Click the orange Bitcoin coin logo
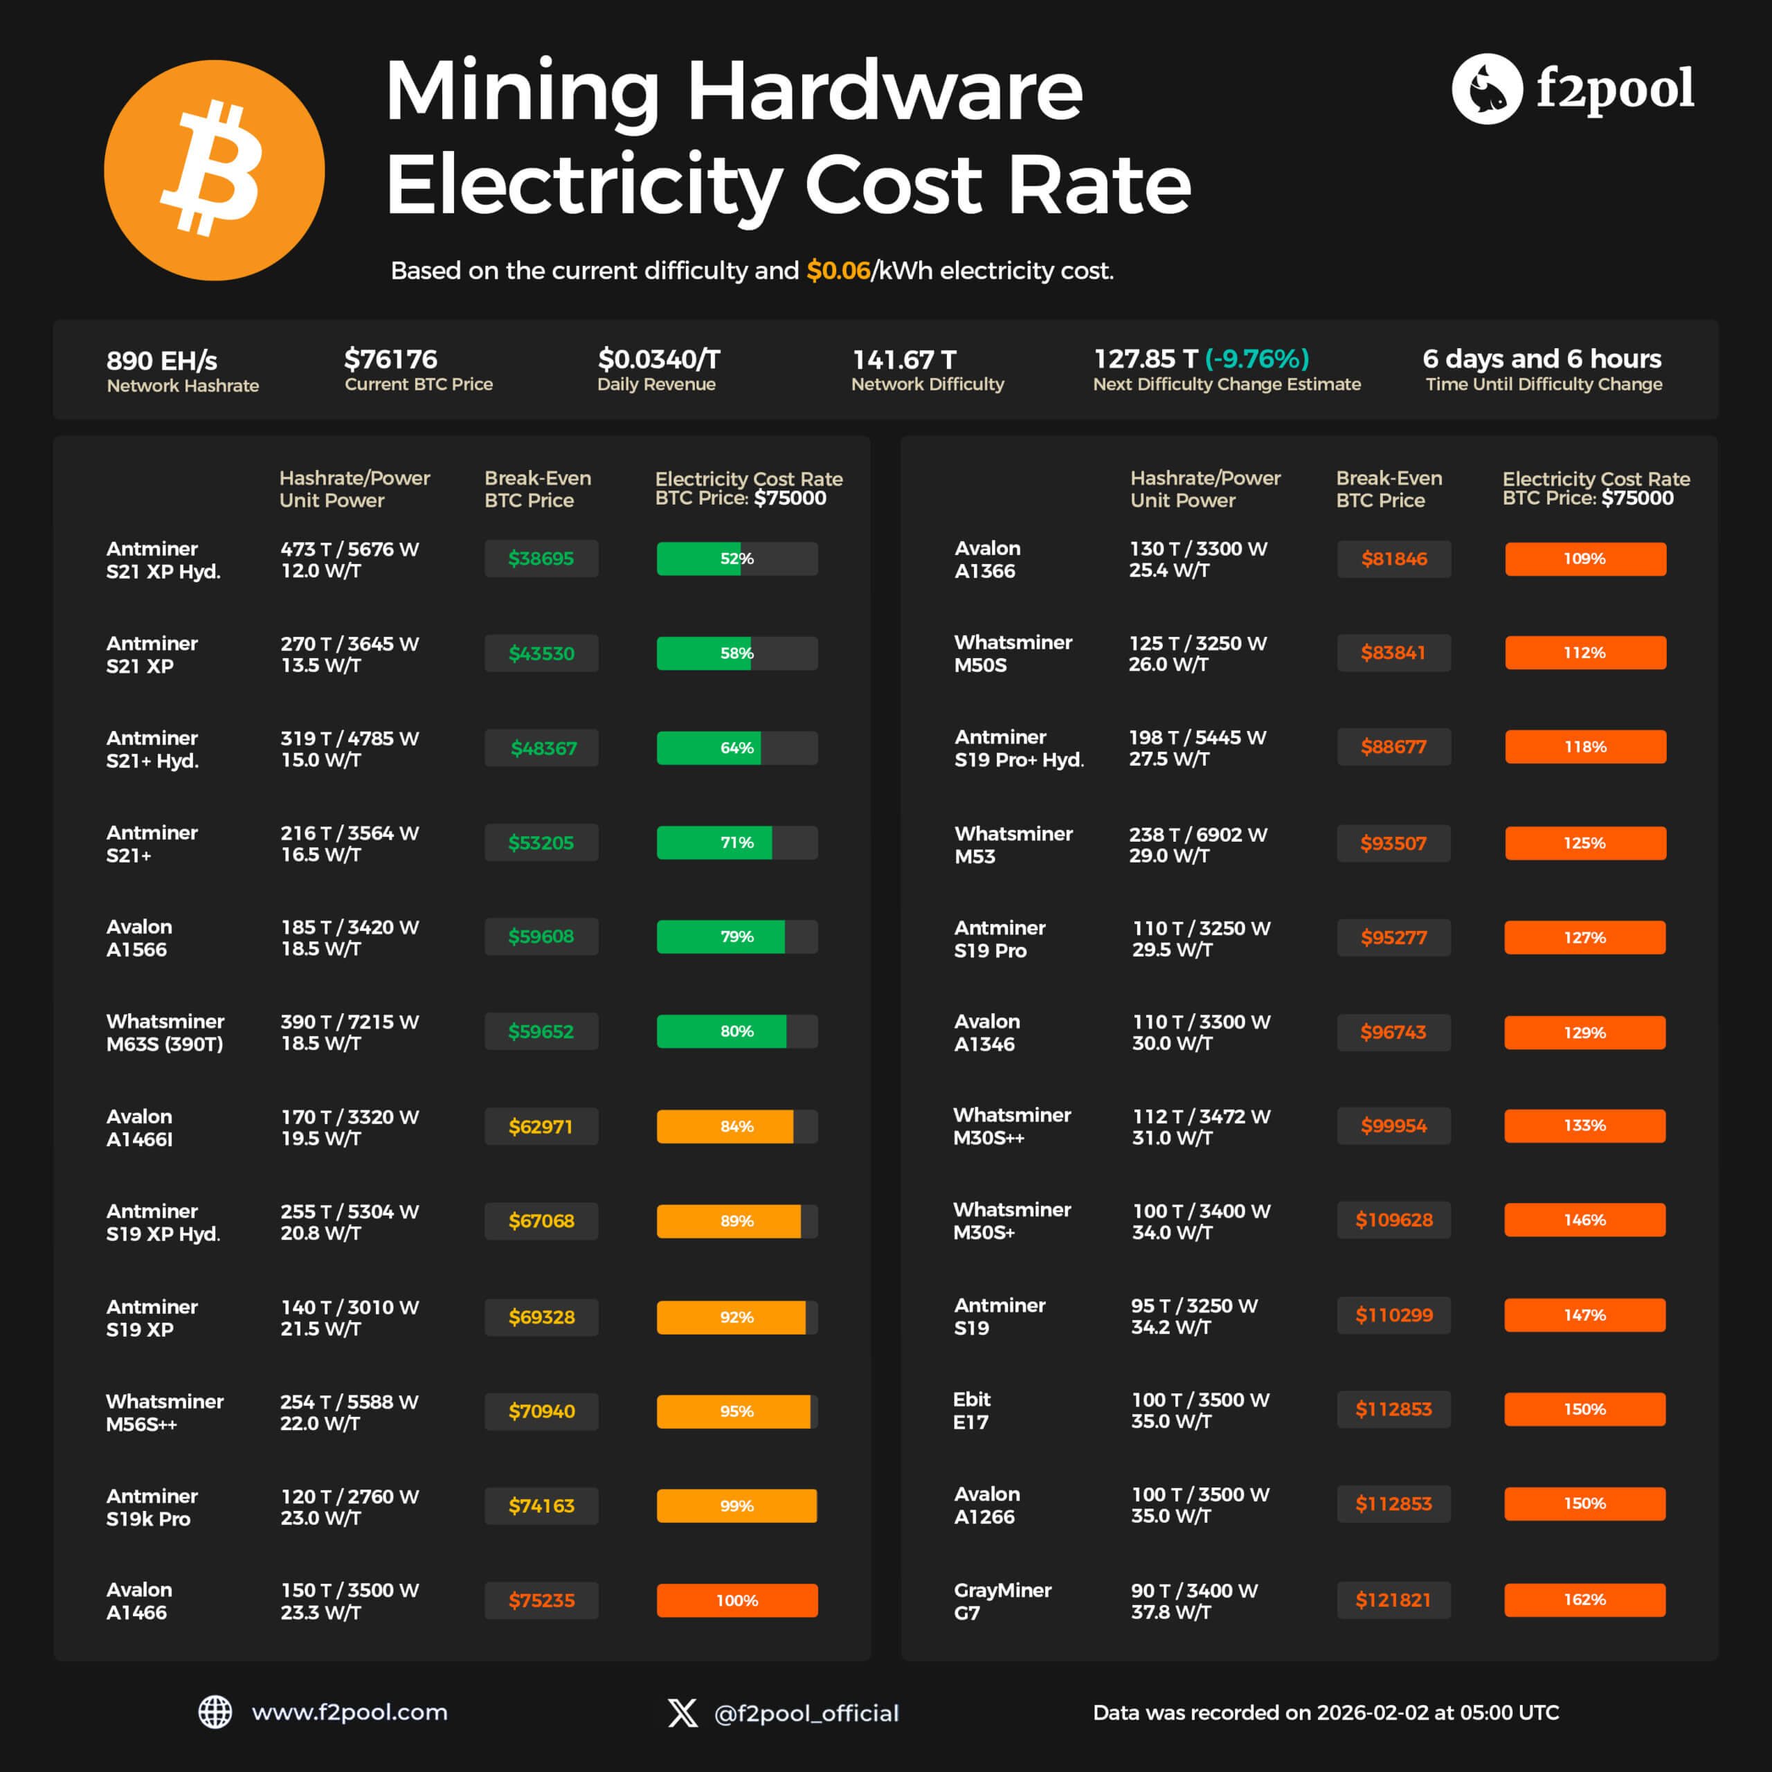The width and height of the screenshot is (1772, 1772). point(214,170)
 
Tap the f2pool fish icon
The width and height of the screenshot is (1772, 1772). point(1487,89)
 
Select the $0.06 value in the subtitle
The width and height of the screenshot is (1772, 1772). point(838,271)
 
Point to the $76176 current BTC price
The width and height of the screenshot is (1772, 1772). point(390,359)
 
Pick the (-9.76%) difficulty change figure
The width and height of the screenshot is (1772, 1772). point(1256,359)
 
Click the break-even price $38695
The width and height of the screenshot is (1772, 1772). point(541,559)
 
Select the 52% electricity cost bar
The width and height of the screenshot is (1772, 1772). point(736,559)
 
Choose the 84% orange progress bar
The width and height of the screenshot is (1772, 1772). point(736,1126)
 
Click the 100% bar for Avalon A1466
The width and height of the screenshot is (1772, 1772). point(736,1600)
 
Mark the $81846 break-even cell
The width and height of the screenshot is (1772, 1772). point(1393,559)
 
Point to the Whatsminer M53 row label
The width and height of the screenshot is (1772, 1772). point(1013,844)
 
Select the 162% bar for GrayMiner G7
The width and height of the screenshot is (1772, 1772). point(1584,1600)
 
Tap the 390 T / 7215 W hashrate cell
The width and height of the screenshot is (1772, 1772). point(349,1032)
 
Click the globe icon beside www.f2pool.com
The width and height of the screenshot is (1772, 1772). point(215,1712)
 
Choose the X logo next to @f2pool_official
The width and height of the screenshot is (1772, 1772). point(682,1712)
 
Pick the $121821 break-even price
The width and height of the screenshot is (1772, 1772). point(1393,1600)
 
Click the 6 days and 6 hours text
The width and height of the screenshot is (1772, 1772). point(1541,359)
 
